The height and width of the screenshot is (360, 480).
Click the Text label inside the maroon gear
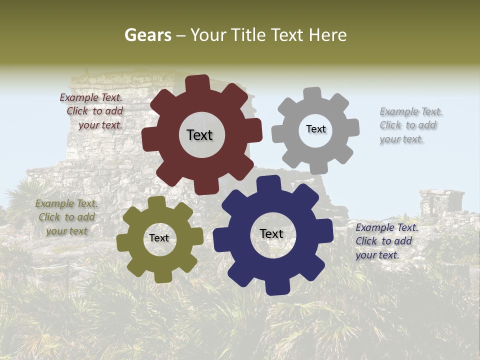(199, 135)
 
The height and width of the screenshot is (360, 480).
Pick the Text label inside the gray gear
(315, 129)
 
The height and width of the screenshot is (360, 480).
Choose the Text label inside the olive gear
(159, 238)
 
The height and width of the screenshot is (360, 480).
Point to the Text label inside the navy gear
(271, 233)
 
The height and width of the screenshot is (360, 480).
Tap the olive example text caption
(66, 217)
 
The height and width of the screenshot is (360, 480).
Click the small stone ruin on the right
(441, 202)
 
